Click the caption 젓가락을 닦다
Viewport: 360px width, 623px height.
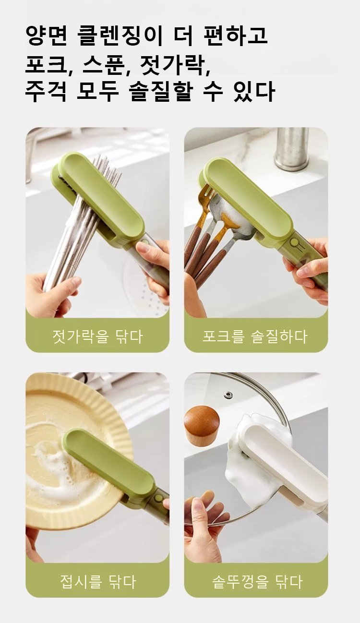pos(97,336)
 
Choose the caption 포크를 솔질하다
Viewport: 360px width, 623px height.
pos(255,336)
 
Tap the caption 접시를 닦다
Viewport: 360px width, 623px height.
pos(97,581)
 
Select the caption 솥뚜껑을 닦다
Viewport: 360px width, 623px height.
pos(257,581)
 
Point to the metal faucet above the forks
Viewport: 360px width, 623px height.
pos(291,149)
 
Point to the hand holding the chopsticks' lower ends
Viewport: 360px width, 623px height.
pos(50,293)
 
